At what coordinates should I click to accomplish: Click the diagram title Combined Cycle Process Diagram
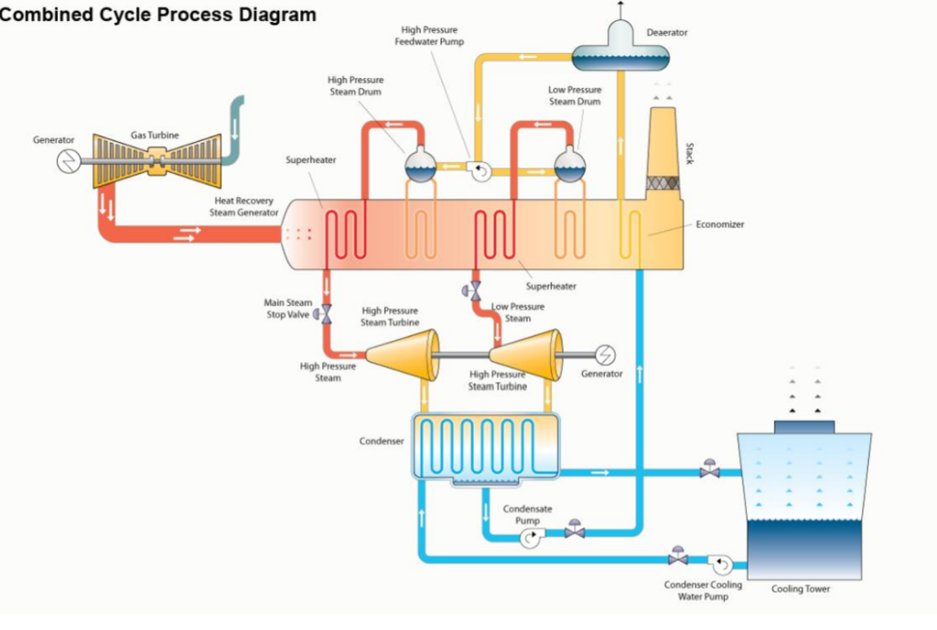point(158,15)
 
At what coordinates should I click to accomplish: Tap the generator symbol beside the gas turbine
point(70,162)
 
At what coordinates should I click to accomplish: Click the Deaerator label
point(667,32)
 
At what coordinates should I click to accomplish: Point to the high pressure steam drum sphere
point(421,166)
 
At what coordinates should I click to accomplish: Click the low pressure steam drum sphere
point(570,166)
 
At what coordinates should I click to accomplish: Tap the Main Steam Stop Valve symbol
point(326,312)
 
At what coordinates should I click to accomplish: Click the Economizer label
point(720,223)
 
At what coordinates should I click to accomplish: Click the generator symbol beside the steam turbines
point(605,354)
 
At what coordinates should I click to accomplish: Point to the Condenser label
point(382,441)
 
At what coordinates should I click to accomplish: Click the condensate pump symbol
point(531,539)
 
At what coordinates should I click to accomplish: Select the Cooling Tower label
point(801,589)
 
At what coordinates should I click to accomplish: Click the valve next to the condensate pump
point(575,530)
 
